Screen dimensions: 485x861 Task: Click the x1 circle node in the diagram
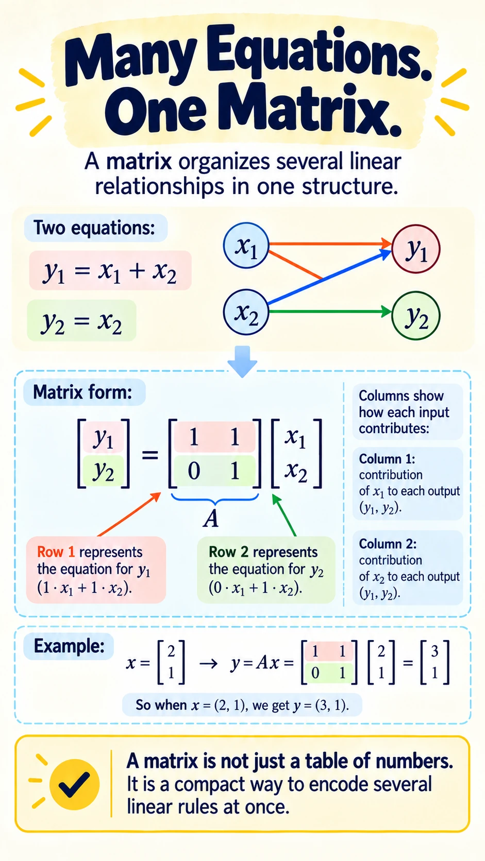246,245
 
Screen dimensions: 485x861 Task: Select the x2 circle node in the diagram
246,312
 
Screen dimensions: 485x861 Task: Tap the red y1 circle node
416,249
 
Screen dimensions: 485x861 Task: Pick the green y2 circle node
416,316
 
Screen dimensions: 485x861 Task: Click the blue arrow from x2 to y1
330,277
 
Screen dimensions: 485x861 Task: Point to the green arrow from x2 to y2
330,312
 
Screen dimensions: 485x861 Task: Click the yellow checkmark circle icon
75,785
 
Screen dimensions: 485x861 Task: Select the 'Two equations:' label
94,228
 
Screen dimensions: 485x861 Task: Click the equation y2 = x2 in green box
81,321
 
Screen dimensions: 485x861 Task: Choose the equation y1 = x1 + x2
110,270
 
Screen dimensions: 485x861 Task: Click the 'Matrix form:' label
82,392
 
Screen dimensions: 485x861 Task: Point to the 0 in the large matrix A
194,471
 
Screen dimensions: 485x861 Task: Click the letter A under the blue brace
211,519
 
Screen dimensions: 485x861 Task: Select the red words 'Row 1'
56,552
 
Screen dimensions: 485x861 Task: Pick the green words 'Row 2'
228,552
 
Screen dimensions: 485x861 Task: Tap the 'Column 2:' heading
388,544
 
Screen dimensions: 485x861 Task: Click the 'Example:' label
69,646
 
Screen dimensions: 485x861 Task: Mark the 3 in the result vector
434,651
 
